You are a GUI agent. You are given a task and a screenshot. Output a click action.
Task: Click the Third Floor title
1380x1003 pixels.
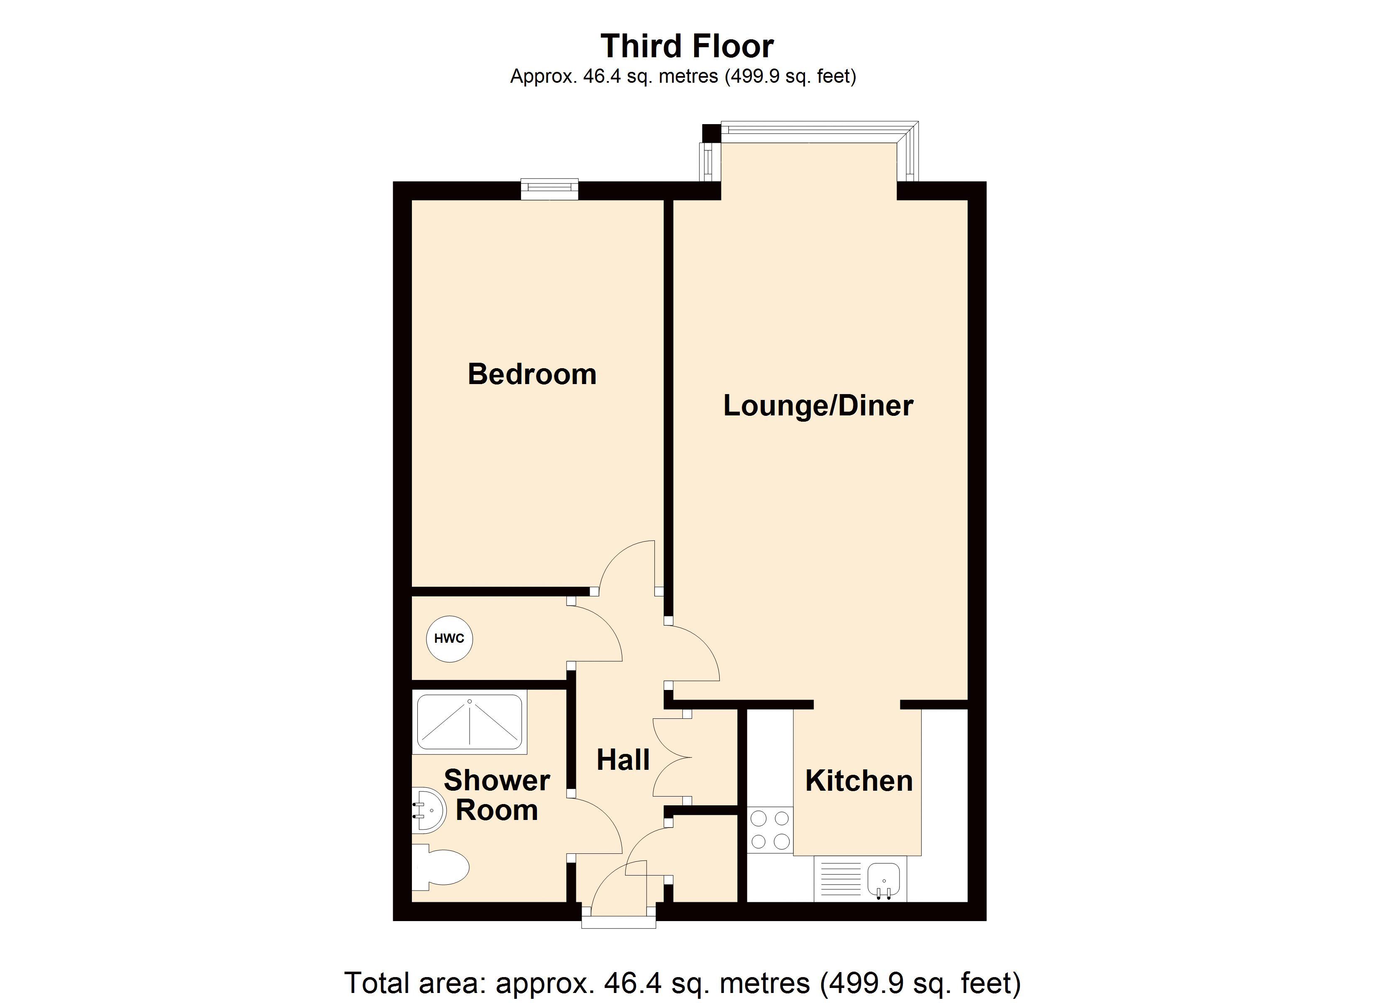687,46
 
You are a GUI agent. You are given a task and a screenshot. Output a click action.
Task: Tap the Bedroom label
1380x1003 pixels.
532,374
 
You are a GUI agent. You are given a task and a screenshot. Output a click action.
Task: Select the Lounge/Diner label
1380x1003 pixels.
818,406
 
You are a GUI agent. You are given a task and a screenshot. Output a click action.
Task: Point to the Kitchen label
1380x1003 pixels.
859,781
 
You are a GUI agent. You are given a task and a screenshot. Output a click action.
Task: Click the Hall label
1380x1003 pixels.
623,760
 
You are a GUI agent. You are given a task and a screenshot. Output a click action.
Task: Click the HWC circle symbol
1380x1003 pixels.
449,639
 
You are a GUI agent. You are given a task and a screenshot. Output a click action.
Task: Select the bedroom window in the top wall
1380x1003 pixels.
549,189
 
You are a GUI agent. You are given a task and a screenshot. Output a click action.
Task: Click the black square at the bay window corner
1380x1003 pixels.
710,132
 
